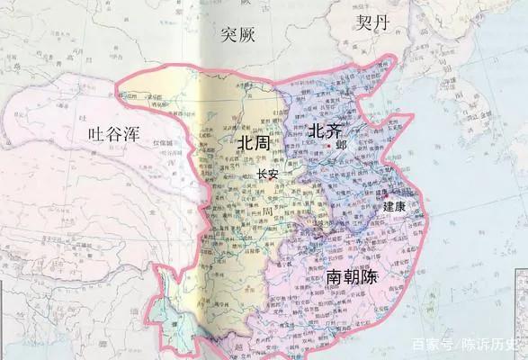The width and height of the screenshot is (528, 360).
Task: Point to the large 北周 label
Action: tap(253, 144)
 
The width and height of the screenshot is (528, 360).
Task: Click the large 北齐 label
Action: tap(325, 131)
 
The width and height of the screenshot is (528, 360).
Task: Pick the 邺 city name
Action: tap(340, 146)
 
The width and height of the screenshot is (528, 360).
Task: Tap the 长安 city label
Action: tap(267, 174)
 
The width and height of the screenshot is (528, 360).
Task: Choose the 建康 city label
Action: tap(394, 206)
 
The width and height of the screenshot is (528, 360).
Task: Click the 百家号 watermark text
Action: tap(430, 345)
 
